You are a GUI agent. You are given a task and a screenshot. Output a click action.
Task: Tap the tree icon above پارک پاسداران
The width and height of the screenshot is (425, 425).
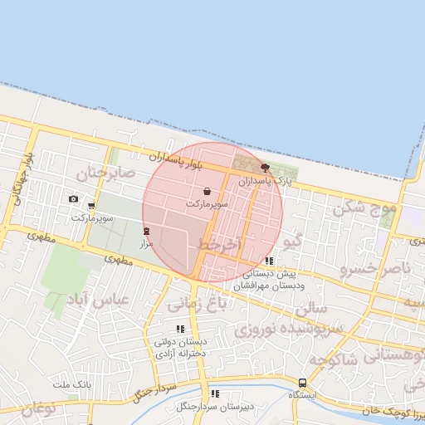click(266, 168)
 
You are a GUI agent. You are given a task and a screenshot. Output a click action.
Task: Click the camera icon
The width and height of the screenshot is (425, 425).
click(73, 199)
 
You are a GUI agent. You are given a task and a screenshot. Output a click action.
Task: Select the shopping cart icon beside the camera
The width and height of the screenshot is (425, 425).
click(91, 205)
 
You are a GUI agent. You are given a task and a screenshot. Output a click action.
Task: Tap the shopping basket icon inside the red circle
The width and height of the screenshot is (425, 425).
click(207, 192)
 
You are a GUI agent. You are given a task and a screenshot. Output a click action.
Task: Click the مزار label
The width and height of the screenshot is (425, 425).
click(147, 243)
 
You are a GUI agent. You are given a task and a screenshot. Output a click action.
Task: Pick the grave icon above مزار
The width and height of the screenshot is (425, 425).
click(147, 231)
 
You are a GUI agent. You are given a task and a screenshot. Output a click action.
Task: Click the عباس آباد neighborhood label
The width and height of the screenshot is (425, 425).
click(100, 300)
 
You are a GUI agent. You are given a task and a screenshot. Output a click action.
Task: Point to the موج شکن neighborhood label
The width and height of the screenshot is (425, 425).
click(364, 208)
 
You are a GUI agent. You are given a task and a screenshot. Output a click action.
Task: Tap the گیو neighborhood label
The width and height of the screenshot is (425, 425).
click(291, 242)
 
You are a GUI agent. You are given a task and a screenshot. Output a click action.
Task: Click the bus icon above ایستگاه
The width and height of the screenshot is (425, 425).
click(302, 383)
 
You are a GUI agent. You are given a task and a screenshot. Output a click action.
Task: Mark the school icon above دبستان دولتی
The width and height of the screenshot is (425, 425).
click(180, 330)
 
